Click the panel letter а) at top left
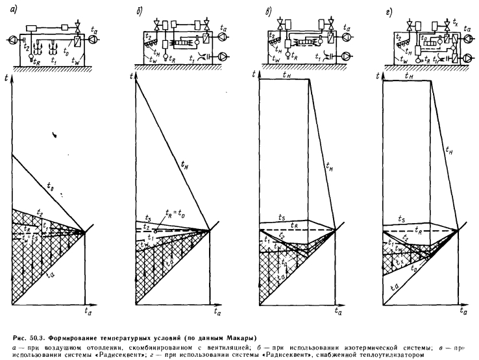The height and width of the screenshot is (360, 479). (x=7, y=8)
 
